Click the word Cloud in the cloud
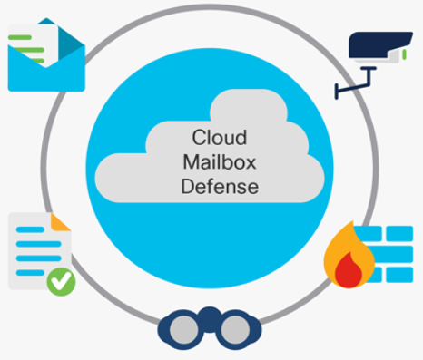[213, 138]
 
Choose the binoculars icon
[203, 327]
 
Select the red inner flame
[346, 268]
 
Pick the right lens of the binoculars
[230, 332]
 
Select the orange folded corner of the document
[62, 222]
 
